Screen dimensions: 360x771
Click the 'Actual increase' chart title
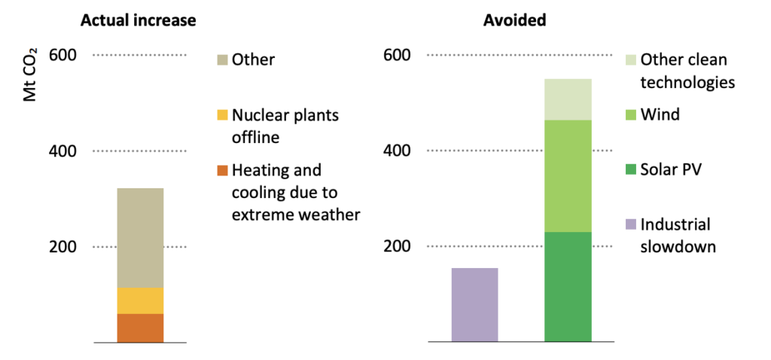click(138, 20)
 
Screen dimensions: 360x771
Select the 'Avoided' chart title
click(514, 20)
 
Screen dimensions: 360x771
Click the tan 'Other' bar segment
click(140, 237)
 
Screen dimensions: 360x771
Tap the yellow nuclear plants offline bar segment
click(140, 301)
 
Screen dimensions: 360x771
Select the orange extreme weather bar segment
click(140, 328)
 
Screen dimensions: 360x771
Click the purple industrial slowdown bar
click(474, 305)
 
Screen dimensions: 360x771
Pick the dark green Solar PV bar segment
click(568, 287)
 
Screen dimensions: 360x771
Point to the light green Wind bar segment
click(568, 175)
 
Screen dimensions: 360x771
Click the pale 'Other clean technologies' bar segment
click(568, 99)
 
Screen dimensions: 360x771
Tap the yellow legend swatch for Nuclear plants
click(221, 115)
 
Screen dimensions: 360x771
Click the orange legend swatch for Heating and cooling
click(221, 170)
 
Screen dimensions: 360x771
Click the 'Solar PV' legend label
click(669, 169)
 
